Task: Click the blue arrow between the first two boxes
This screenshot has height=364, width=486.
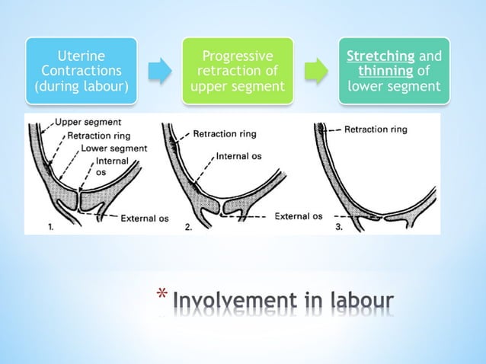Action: click(158, 72)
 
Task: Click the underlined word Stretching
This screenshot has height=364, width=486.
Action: click(374, 56)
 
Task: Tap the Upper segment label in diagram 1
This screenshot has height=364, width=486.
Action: click(82, 122)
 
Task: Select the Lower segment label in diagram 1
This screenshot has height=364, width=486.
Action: click(114, 148)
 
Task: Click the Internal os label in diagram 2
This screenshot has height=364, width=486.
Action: click(241, 157)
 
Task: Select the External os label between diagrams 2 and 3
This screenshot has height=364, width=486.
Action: click(298, 216)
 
